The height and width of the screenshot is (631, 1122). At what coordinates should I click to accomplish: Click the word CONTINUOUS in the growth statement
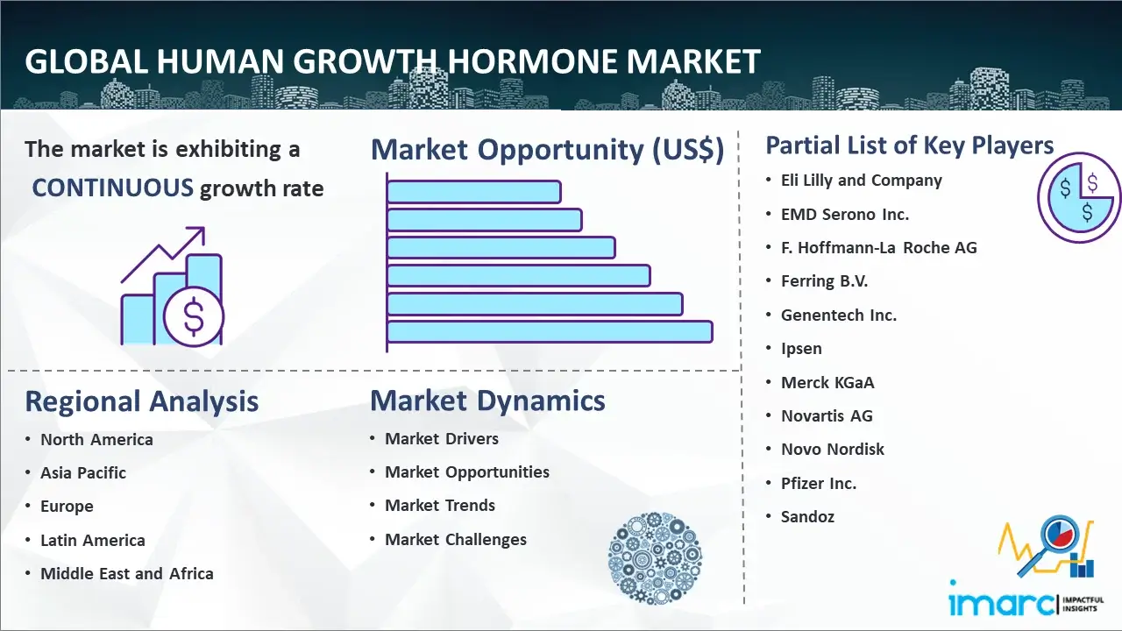point(113,188)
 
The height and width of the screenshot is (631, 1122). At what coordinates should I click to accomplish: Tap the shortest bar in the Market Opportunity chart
point(474,192)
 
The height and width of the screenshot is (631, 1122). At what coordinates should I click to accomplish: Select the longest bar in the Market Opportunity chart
point(550,332)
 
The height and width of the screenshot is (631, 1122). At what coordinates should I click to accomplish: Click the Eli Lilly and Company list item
point(861,181)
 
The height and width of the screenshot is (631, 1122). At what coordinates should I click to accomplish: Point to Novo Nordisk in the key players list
point(833,450)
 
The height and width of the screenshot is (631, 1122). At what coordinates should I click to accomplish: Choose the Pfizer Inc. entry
point(819,483)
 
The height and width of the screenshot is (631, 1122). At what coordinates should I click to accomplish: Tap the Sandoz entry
point(807,516)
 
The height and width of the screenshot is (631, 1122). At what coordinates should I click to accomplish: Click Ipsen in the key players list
point(801,349)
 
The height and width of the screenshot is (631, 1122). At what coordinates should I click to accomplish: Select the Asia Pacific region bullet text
point(83,472)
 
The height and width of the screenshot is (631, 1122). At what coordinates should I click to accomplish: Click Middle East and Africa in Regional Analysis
point(127,573)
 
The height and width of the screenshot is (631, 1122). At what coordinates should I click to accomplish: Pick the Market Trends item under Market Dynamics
point(440,506)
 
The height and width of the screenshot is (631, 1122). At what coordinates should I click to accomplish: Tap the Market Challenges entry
point(455,539)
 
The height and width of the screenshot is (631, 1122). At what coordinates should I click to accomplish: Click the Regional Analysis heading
point(142,401)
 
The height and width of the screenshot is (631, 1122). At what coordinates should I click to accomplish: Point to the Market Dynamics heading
point(487,401)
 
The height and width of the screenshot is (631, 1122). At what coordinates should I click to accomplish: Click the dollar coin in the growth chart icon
point(194,317)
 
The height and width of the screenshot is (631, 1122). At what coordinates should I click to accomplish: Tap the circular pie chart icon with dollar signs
point(1078,197)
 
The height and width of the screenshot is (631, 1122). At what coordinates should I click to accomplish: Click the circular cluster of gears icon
point(655,558)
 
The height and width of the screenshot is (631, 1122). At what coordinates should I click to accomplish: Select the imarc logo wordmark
point(1001,603)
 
